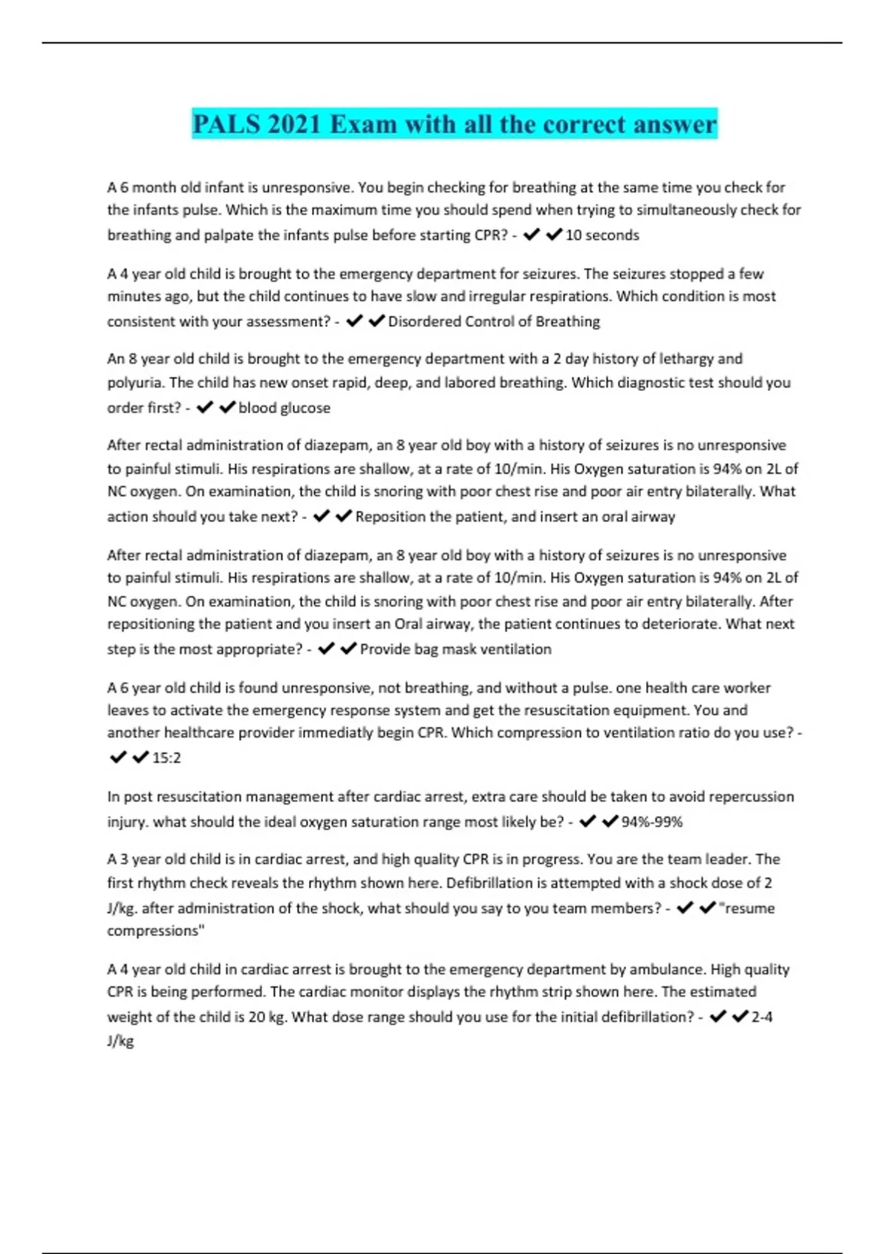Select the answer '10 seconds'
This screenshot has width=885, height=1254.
(x=602, y=235)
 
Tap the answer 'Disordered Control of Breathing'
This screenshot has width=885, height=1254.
(x=493, y=322)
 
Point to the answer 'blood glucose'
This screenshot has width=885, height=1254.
(x=284, y=408)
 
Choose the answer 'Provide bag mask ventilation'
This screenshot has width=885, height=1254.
(x=455, y=649)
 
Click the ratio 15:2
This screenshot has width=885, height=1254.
(x=166, y=758)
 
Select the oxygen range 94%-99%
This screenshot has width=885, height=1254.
(x=652, y=822)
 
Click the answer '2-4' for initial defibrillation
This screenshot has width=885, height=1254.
(x=762, y=1017)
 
